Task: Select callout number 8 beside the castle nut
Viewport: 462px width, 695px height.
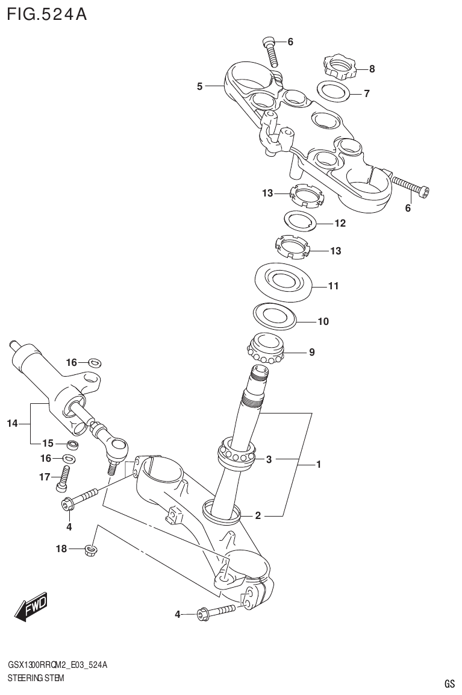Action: [372, 69]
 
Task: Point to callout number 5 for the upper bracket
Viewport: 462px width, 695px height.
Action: [199, 87]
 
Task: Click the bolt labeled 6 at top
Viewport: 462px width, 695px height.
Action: [270, 51]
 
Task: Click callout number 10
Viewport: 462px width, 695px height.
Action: [323, 321]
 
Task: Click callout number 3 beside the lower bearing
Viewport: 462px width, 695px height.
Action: [269, 459]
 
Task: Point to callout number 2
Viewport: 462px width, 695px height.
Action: [258, 515]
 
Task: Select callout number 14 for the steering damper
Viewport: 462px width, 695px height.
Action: [13, 424]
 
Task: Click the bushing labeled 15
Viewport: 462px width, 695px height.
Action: [72, 445]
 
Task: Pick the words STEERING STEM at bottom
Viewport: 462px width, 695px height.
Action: [36, 678]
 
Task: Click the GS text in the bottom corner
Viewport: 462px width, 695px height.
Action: [449, 684]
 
